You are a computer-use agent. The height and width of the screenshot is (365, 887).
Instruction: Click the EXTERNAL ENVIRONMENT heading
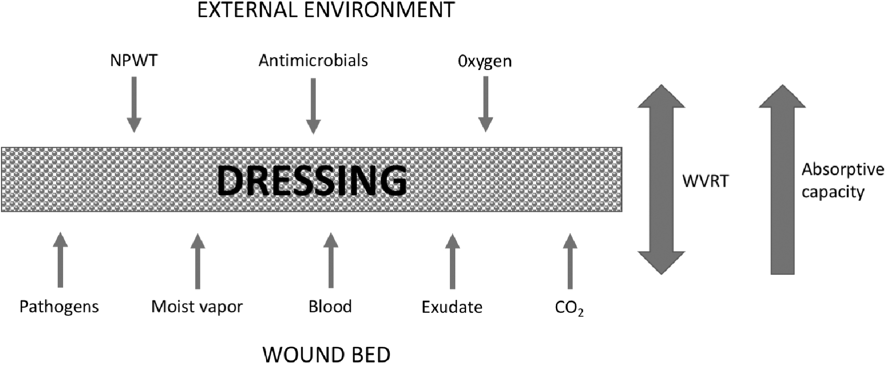click(326, 10)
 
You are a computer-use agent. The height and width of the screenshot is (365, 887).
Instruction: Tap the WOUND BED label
click(326, 355)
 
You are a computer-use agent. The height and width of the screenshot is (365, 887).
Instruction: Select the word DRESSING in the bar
click(312, 181)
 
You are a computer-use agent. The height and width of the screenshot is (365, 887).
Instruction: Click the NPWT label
click(134, 60)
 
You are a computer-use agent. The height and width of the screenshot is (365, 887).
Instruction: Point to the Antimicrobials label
click(313, 60)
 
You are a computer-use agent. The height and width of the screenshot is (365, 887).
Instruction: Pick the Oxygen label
click(485, 61)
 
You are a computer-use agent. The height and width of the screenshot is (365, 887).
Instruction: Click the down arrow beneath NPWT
click(134, 105)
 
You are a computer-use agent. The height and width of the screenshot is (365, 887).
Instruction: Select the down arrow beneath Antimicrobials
click(313, 106)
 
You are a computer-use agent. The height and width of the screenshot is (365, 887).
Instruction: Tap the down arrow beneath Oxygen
click(485, 104)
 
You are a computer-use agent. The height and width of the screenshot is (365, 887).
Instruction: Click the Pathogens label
click(59, 307)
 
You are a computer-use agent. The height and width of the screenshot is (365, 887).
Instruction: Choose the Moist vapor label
click(197, 306)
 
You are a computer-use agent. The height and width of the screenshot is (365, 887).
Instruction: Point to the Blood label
click(330, 306)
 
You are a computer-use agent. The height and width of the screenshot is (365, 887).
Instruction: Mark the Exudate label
click(452, 307)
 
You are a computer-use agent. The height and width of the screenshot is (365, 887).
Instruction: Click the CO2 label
click(569, 308)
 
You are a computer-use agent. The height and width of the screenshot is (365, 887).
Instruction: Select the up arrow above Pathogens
click(60, 260)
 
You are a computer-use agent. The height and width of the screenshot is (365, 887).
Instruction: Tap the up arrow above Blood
click(331, 261)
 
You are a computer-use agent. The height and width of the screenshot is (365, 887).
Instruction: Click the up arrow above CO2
click(570, 261)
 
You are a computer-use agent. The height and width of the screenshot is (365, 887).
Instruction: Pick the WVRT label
click(705, 181)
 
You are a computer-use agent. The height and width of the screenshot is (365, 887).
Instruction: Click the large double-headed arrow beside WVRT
click(661, 179)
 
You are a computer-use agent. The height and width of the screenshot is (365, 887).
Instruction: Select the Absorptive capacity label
click(843, 180)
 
